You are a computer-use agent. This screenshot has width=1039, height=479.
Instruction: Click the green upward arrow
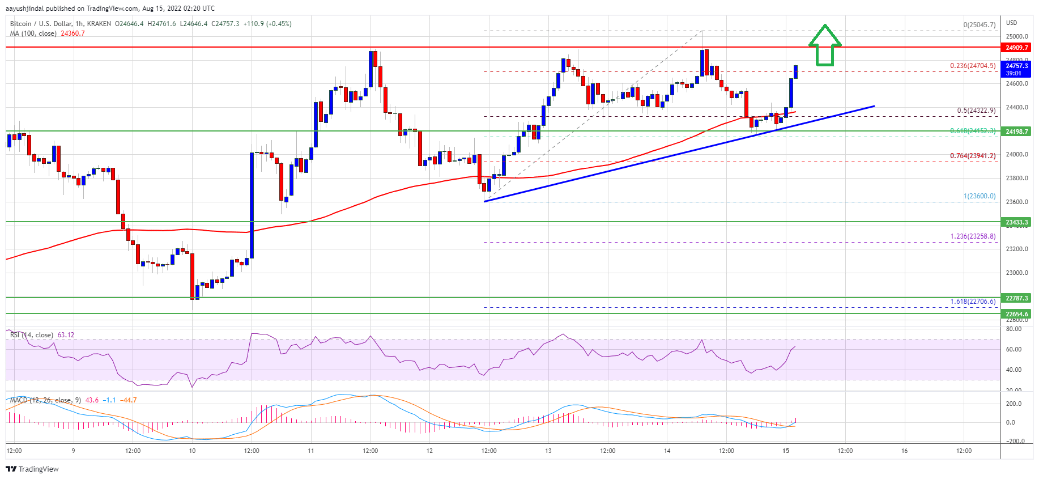(824, 46)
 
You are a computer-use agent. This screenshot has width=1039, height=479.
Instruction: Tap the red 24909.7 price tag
(1016, 48)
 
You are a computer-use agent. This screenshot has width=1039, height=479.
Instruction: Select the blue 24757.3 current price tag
(1016, 69)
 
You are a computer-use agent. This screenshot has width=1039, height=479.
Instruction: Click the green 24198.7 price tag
(1016, 132)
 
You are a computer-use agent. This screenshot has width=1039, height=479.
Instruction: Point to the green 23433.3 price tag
(1016, 222)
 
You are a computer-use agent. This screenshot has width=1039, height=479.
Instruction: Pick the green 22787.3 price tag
(1016, 298)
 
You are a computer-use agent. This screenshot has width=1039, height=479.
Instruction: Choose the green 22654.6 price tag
(1016, 314)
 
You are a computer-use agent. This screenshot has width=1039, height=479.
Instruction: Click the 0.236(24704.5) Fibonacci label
(972, 66)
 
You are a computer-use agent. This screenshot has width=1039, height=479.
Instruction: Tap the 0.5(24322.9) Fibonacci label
(976, 111)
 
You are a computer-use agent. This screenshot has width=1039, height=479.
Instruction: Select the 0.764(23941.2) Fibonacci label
(972, 156)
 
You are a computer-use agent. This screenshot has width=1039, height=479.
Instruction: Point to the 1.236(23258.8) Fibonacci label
(972, 236)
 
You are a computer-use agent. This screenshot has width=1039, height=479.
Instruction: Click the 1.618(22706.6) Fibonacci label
(972, 302)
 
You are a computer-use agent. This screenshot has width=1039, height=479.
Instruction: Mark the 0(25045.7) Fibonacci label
(979, 25)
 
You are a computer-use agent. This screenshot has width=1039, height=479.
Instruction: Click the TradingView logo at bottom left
(32, 469)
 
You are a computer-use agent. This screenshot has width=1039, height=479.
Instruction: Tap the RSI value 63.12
(66, 335)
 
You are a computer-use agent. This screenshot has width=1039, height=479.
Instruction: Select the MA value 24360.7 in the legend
(73, 33)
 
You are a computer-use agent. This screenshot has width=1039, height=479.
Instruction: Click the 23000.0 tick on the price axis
(1016, 273)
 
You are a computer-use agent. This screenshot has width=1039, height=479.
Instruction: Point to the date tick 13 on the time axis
(548, 451)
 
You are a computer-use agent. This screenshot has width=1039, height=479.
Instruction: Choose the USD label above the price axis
(1011, 23)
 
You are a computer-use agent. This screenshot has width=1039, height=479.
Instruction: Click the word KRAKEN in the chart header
(99, 24)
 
